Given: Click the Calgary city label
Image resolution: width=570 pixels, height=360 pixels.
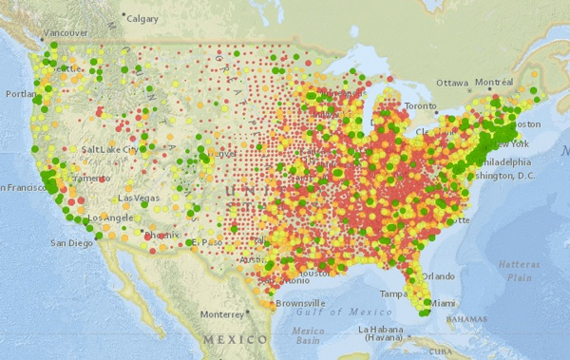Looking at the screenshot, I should pyautogui.click(x=143, y=18).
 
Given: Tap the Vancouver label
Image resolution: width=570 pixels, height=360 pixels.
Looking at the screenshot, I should pyautogui.click(x=66, y=32).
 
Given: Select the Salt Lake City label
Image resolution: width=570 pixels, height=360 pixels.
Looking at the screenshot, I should pyautogui.click(x=110, y=149).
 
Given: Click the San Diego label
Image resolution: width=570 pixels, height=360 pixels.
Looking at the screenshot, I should pyautogui.click(x=71, y=242).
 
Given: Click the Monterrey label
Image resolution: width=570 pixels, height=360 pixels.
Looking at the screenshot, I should pyautogui.click(x=222, y=313).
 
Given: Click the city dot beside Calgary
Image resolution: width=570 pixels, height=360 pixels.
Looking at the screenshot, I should pyautogui.click(x=123, y=16).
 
